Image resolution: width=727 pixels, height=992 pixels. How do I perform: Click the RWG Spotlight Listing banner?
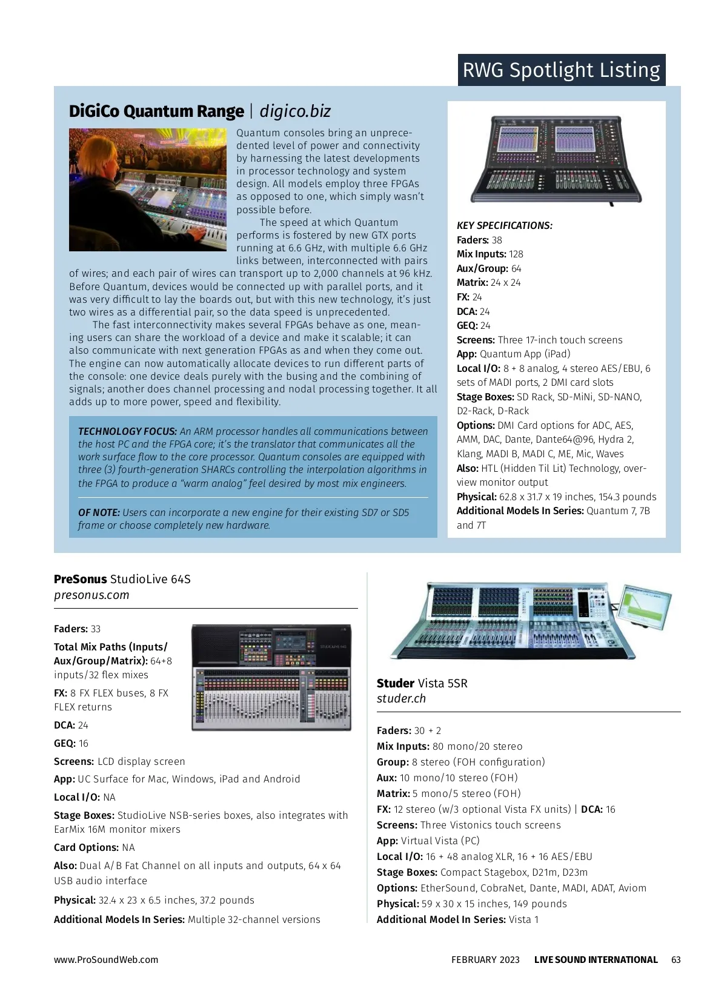tap(561, 70)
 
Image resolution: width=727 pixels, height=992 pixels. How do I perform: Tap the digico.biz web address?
tap(295, 111)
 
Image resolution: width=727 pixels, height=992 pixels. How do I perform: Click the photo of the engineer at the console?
tap(147, 190)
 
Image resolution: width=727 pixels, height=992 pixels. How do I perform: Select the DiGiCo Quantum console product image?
tap(556, 160)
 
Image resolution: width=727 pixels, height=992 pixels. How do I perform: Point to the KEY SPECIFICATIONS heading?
tap(504, 226)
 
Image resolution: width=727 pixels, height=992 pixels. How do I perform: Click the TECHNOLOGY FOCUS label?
tap(127, 432)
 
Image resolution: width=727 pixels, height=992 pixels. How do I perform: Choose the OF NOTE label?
tap(99, 513)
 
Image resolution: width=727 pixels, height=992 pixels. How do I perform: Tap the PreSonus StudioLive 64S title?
tap(122, 580)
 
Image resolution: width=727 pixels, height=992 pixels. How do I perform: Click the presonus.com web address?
tap(91, 595)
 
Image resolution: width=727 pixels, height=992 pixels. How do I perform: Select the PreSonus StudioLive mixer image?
tap(271, 677)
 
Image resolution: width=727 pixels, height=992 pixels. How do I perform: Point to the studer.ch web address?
tap(401, 699)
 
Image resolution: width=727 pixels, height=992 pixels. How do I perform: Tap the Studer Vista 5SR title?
tap(422, 684)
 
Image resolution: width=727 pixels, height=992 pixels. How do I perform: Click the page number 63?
tap(676, 960)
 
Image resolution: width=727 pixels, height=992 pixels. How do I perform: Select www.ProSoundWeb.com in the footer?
tap(106, 960)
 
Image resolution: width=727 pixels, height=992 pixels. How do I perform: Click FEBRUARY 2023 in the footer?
tap(485, 960)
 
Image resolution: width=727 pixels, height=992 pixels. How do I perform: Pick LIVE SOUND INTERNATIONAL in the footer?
tap(596, 960)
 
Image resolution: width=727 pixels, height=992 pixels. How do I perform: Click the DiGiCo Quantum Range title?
tap(156, 111)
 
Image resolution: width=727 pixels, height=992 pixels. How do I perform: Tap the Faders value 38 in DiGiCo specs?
tap(497, 240)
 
